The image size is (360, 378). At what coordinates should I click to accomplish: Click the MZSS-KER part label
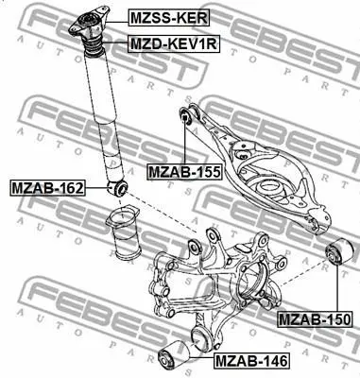169,18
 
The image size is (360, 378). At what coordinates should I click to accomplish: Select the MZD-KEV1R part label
174,43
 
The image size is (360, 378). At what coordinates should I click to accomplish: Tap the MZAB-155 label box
184,172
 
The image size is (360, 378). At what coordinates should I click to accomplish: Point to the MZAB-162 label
47,188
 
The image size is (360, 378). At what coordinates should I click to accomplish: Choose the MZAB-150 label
315,319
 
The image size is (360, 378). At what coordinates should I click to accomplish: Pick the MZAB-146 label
251,360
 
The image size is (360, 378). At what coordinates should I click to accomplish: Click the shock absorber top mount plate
89,22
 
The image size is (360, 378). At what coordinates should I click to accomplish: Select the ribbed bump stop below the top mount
93,46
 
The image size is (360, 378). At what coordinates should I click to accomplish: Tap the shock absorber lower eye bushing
117,188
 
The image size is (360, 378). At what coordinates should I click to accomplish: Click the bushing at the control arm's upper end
185,116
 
